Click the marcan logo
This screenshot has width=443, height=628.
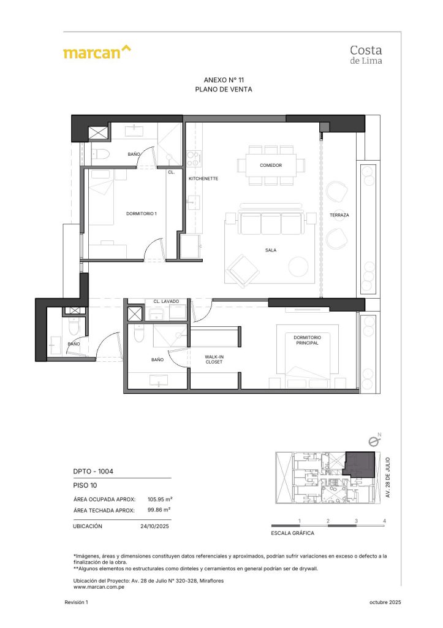[x=97, y=52]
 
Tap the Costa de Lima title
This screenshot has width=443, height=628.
[x=368, y=55]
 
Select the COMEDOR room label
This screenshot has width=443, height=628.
[x=271, y=166]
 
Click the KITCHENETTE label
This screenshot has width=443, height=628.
[x=203, y=178]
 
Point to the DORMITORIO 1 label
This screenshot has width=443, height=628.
[x=142, y=213]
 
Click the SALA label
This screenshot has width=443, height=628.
[x=270, y=251]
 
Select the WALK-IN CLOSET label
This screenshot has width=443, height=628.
[x=214, y=359]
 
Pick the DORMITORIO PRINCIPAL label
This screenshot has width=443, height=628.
[x=308, y=340]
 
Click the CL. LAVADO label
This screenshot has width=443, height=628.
[x=166, y=302]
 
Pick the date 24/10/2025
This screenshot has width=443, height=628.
[x=154, y=526]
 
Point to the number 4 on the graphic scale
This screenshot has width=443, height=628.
[x=384, y=521]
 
